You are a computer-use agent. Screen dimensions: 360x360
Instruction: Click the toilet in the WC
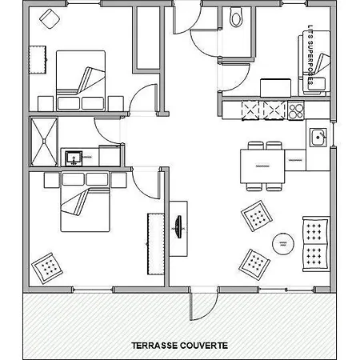[x=236, y=17]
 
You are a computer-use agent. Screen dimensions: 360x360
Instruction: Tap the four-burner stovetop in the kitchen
[x=296, y=110]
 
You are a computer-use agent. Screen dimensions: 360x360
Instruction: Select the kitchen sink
[x=318, y=138]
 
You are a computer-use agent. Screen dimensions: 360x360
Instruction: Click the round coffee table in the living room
[x=283, y=244]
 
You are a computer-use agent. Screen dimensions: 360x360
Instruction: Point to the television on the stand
[x=179, y=227]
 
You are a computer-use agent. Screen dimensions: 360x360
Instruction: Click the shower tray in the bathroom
[x=44, y=142]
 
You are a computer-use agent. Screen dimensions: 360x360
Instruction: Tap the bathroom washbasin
[x=74, y=158]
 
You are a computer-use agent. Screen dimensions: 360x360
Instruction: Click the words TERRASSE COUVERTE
[x=180, y=346]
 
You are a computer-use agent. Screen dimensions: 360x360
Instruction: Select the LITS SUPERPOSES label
[x=310, y=55]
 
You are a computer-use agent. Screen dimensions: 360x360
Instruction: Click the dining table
[x=262, y=166]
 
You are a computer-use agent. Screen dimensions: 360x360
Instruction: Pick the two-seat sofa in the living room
[x=316, y=244]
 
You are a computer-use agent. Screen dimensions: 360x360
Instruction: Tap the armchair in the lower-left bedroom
[x=47, y=268]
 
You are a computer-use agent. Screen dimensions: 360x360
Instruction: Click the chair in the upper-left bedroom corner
[x=50, y=18]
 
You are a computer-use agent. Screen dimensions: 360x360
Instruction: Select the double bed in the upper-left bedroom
[x=81, y=81]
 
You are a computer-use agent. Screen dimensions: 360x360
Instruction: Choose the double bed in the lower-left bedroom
[x=85, y=202]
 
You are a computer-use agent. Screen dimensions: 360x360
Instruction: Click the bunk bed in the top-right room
[x=314, y=62]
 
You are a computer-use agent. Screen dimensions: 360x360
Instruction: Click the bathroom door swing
[x=108, y=131]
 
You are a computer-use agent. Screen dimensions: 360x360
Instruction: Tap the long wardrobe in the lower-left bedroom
[x=156, y=244]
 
